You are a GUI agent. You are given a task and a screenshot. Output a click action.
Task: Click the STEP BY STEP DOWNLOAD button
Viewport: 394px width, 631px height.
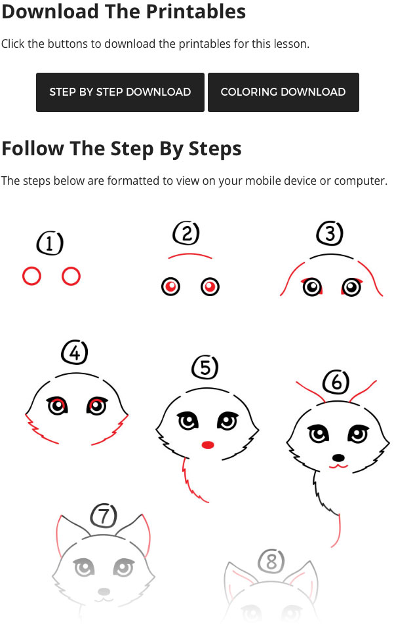[x=120, y=92]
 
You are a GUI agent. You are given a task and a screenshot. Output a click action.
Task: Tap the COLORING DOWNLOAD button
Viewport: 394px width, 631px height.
[x=283, y=92]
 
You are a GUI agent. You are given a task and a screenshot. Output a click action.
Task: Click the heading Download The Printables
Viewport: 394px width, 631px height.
[x=124, y=11]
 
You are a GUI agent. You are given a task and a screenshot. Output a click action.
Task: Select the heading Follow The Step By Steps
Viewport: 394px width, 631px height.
[x=121, y=149]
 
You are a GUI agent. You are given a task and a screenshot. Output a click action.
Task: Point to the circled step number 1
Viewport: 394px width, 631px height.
[x=50, y=244]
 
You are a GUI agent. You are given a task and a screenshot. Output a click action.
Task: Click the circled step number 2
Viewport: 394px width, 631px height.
[x=186, y=233]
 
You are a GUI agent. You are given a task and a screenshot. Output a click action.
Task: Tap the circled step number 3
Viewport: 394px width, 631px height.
[x=330, y=233]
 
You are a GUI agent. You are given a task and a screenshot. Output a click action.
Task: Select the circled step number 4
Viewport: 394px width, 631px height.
[x=74, y=353]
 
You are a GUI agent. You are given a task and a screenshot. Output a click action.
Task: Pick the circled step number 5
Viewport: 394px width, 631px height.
[x=205, y=368]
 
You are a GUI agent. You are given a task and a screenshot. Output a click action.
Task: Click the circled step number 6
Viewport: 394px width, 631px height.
[x=336, y=381]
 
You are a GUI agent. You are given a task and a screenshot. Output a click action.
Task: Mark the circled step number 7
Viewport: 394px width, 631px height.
[x=103, y=516]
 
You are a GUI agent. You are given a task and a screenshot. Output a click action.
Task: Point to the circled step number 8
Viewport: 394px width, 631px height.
[x=271, y=561]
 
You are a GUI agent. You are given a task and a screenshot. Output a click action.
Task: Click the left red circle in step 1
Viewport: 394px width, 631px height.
[x=31, y=277]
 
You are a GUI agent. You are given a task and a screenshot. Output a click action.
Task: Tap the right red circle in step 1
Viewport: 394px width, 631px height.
[x=71, y=277]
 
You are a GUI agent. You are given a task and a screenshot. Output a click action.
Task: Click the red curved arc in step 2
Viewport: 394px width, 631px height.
[x=189, y=256]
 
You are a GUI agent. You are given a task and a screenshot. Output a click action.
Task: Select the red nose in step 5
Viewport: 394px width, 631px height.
[x=208, y=445]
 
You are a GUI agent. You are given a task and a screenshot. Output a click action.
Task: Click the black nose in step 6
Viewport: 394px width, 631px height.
[x=338, y=457]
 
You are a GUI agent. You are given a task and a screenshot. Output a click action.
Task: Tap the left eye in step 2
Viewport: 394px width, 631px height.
[x=171, y=286]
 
